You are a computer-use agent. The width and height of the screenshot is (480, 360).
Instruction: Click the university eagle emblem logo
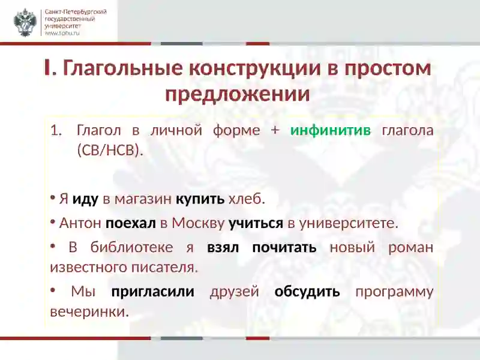coord(25,22)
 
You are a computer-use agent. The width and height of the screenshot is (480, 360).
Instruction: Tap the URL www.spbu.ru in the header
coord(62,33)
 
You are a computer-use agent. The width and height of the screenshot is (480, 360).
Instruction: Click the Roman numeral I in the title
coord(47,68)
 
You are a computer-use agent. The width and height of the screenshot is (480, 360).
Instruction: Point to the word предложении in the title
coord(238,94)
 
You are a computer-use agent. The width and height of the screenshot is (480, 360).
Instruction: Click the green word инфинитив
coord(331,130)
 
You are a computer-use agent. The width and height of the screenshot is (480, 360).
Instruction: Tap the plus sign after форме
coord(275,130)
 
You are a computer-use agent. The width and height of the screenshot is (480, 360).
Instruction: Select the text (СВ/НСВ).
coord(110,151)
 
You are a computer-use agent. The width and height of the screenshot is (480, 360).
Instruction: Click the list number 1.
coord(56,130)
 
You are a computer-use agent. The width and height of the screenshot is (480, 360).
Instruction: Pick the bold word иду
coord(85,200)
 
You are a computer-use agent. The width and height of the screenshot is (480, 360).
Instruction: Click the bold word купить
coord(200,200)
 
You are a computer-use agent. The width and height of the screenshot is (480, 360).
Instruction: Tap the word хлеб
coord(247,199)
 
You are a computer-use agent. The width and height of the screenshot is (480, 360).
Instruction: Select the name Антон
coord(80,223)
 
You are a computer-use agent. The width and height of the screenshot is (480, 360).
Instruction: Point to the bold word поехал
coord(131,223)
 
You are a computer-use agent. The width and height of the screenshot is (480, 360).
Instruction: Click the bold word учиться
coord(256,223)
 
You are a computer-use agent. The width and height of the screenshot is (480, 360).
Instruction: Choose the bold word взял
coord(223,247)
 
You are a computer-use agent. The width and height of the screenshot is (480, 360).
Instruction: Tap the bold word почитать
coord(284,247)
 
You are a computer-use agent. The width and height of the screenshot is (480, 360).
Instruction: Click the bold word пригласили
coord(153,292)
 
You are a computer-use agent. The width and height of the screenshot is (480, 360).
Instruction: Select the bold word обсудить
coord(307,292)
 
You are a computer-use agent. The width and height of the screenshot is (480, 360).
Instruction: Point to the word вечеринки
coord(89,312)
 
